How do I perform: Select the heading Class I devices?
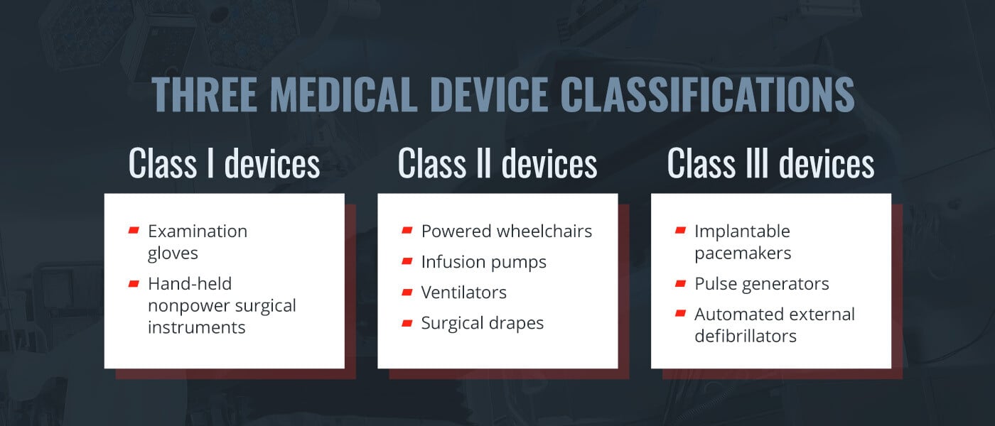tap(224, 164)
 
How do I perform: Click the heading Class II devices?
tap(497, 164)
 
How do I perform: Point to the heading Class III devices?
tap(770, 164)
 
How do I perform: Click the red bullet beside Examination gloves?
tap(134, 230)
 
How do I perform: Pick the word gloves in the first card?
tap(173, 253)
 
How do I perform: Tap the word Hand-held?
tap(190, 284)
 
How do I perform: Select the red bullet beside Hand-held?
tap(134, 283)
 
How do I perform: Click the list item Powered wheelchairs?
tap(506, 231)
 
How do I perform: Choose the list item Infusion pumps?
tap(483, 262)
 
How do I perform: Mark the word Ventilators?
tap(463, 293)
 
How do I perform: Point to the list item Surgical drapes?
tap(482, 323)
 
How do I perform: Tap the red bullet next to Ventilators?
tap(407, 292)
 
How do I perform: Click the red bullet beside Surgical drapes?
tap(407, 322)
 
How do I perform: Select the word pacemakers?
tap(743, 253)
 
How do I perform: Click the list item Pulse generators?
tap(761, 284)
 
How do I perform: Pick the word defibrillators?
tap(746, 336)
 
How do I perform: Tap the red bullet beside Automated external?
tap(680, 313)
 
